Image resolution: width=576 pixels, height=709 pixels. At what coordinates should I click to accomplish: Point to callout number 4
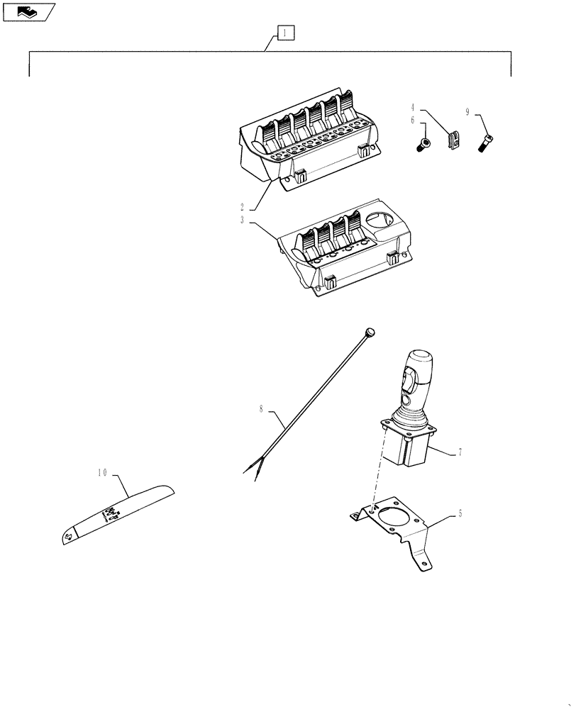(x=411, y=108)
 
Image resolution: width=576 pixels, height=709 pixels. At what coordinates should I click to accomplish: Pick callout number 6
(x=411, y=121)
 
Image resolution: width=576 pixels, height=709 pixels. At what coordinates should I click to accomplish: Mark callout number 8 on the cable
(x=261, y=409)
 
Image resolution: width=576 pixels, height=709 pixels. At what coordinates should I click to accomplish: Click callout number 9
(x=467, y=112)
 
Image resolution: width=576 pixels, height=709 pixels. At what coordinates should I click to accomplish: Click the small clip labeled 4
(x=453, y=140)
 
